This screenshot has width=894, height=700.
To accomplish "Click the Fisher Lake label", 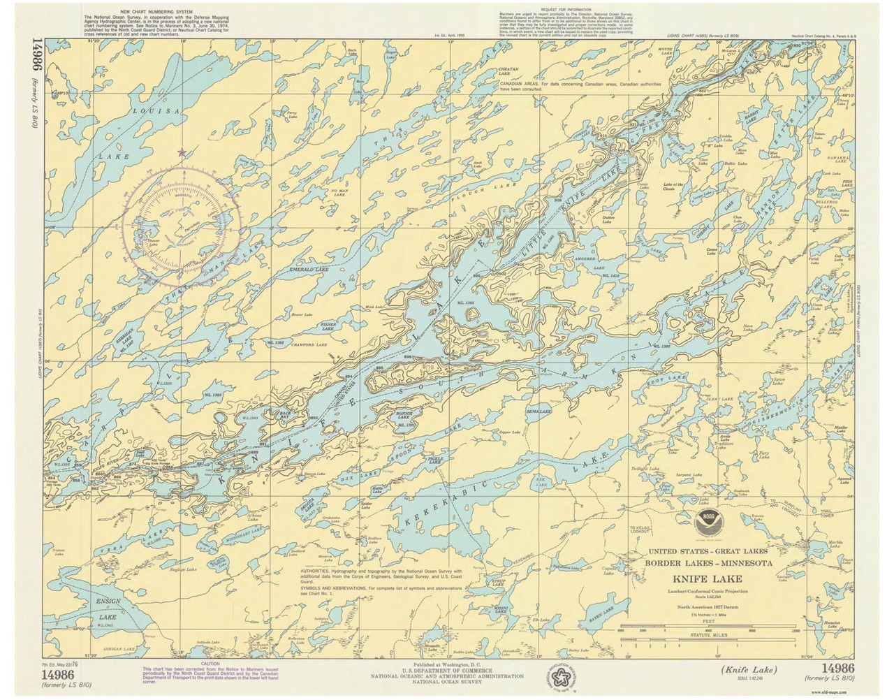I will tap(328, 326).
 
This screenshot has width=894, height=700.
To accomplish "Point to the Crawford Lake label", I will tap(311, 344).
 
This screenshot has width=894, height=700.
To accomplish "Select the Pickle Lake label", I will tap(434, 460).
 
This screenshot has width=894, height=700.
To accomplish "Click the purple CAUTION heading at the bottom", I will tap(210, 662).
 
